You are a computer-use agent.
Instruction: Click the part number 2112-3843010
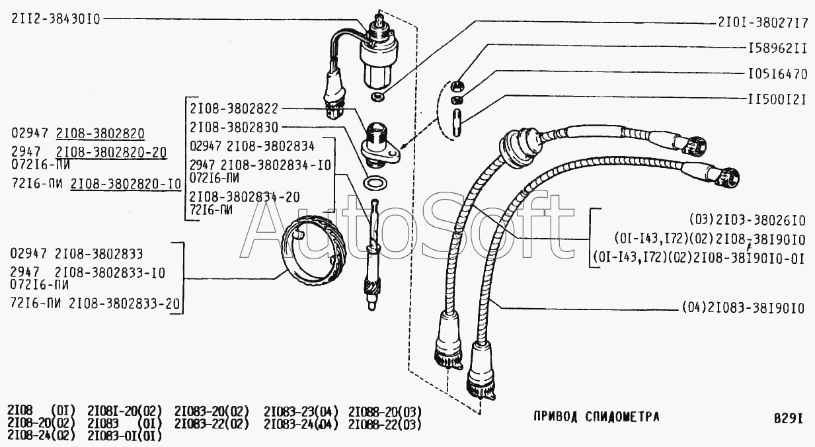point(56,19)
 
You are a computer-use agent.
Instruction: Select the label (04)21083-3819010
point(742,308)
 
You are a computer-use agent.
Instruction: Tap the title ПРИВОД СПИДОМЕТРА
point(596,417)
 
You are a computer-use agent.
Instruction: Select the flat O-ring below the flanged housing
point(376,182)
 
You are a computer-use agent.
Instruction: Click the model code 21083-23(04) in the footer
point(301,411)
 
